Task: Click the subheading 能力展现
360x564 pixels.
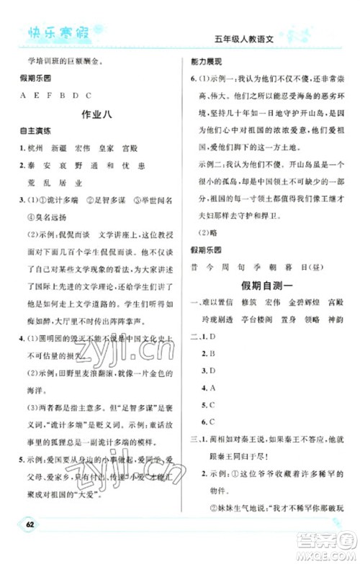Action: click(205, 63)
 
